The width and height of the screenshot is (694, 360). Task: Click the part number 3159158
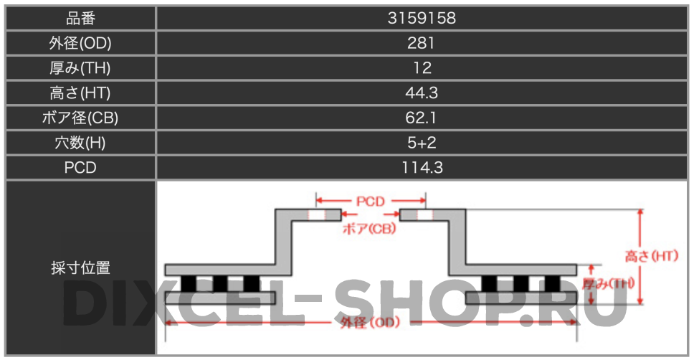point(422,18)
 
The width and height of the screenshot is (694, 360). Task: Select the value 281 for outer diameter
point(421,43)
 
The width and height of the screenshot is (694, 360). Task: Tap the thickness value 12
point(422,67)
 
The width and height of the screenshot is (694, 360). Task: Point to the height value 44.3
point(422,93)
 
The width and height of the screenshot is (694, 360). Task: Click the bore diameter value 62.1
point(421,118)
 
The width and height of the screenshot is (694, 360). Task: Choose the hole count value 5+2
point(422,143)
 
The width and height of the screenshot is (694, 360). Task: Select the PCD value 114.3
point(422,167)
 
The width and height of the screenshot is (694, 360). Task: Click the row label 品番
point(80,18)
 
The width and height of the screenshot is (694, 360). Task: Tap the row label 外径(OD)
point(80,43)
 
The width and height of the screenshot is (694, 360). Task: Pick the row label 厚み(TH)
point(80,67)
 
